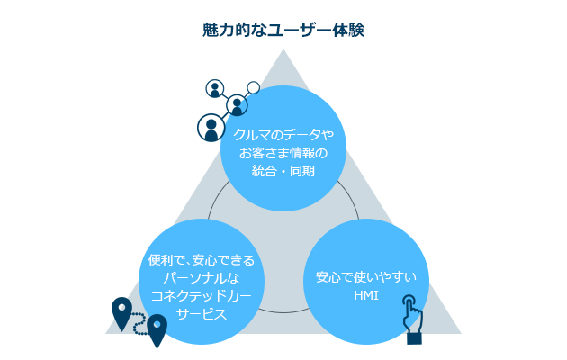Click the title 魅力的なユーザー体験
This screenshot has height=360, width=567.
pos(283,30)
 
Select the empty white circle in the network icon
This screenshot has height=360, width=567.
pos(254,87)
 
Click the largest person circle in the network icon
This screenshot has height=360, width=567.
pos(211,128)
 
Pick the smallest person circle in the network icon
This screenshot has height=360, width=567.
pos(215,88)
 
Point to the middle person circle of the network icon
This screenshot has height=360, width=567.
pos(237,105)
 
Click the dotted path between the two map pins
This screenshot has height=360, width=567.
pos(139,323)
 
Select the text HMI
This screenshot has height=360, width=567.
pos(366,296)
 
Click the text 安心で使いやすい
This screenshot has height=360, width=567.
pos(366,277)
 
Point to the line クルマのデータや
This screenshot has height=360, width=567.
pos(283,135)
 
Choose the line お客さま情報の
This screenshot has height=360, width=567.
pos(283,153)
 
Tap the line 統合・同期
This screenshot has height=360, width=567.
pos(283,171)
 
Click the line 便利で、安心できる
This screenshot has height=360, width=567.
pos(202,260)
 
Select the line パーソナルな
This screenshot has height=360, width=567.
pos(202,278)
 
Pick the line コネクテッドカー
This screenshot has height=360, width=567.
pos(202,296)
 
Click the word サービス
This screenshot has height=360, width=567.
pos(202,314)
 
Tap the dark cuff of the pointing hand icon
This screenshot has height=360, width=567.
pos(414,338)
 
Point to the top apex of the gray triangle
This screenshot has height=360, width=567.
pos(283,49)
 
